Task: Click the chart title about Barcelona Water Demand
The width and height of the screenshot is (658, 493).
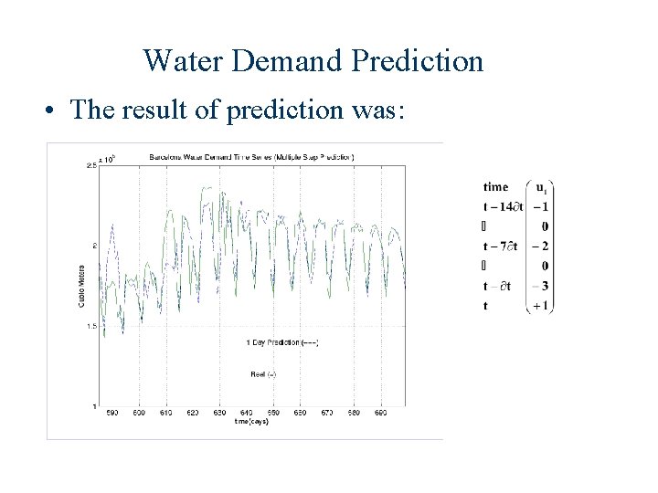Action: (x=250, y=157)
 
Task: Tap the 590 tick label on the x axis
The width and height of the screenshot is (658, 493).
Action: (x=111, y=414)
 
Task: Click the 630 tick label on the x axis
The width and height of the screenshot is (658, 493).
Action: (x=219, y=414)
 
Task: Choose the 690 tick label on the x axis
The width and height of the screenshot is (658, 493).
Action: (x=381, y=414)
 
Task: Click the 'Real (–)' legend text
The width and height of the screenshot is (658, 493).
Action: (x=264, y=372)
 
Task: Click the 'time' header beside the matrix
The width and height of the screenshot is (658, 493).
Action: (x=495, y=186)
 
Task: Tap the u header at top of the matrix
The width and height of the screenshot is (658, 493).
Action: (x=542, y=188)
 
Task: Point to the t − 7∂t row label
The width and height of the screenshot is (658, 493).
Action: (x=502, y=246)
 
